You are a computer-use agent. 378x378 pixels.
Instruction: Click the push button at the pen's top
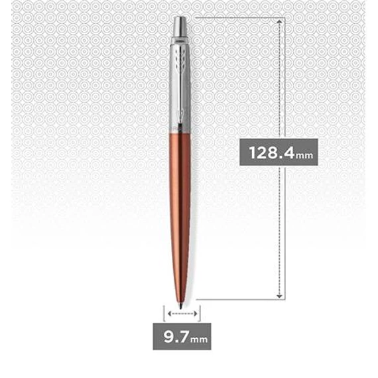point(180,26)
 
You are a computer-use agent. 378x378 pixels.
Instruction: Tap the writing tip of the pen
point(181,306)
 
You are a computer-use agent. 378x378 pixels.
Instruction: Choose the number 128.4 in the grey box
point(272,153)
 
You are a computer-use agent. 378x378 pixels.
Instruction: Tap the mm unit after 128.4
point(304,155)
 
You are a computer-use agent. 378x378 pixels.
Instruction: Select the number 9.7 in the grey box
point(176,336)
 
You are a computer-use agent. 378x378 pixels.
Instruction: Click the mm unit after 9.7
point(199,340)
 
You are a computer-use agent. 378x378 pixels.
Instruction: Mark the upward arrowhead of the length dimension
point(279,22)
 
